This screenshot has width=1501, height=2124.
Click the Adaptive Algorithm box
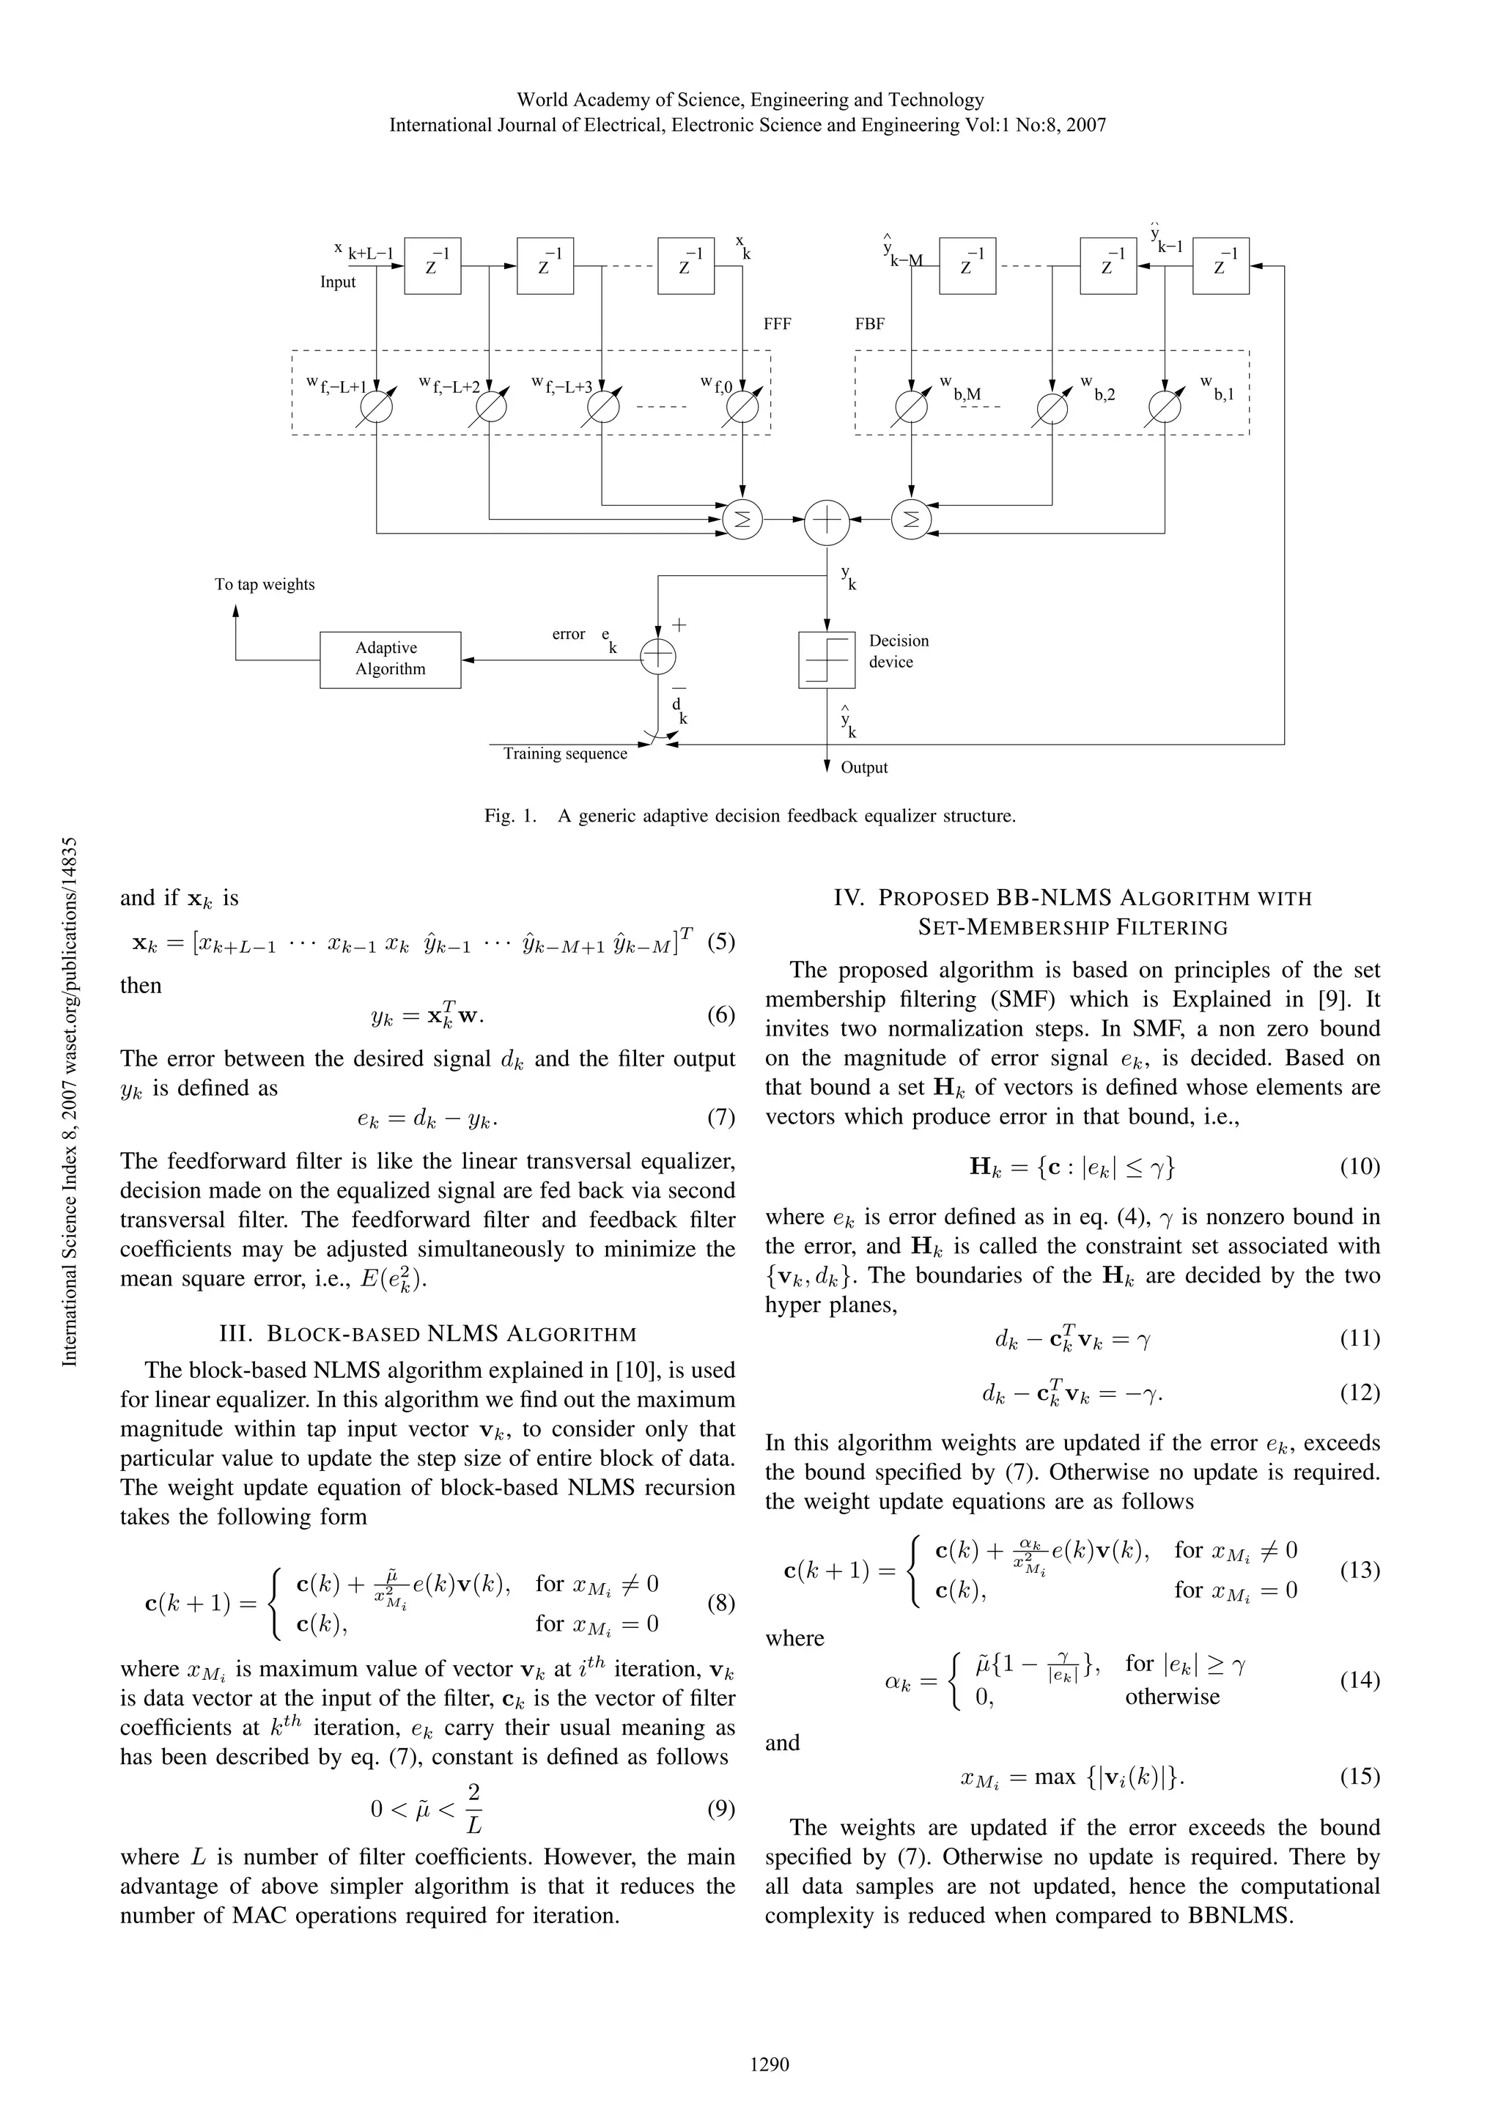pyautogui.click(x=389, y=660)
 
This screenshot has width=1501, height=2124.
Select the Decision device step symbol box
pyautogui.click(x=827, y=660)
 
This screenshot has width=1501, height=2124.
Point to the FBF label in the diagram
pyautogui.click(x=869, y=325)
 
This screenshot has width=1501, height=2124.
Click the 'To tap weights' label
pyautogui.click(x=265, y=585)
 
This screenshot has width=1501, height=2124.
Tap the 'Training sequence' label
pyautogui.click(x=565, y=754)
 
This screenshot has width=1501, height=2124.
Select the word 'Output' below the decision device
pyautogui.click(x=864, y=768)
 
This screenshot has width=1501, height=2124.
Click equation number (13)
pyautogui.click(x=1360, y=1570)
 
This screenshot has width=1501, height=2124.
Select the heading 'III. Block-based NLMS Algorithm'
pyautogui.click(x=427, y=1333)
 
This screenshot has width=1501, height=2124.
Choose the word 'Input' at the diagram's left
pyautogui.click(x=338, y=282)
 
